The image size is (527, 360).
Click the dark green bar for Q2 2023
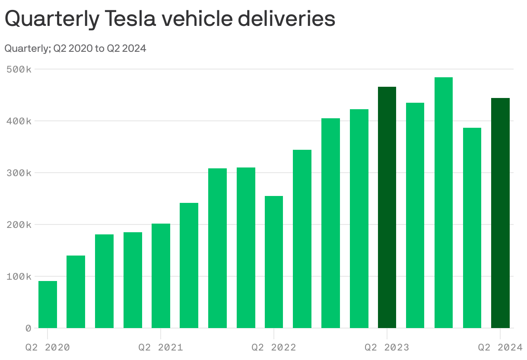pyautogui.click(x=387, y=207)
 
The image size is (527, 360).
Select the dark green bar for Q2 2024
pyautogui.click(x=500, y=213)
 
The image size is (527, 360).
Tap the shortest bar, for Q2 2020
pyautogui.click(x=48, y=304)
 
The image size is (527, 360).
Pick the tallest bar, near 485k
pyautogui.click(x=444, y=202)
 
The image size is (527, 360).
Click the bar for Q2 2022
pyautogui.click(x=274, y=262)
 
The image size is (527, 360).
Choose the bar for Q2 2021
pyautogui.click(x=161, y=276)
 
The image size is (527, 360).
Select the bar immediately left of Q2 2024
pyautogui.click(x=472, y=228)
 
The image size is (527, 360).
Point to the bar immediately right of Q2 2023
pyautogui.click(x=415, y=215)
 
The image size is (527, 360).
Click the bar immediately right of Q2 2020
pyautogui.click(x=76, y=292)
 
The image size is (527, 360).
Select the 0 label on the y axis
pyautogui.click(x=28, y=328)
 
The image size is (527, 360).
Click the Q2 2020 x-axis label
pyautogui.click(x=48, y=347)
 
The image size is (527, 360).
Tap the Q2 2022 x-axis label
pyautogui.click(x=274, y=347)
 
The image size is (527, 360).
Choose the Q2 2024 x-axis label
pyautogui.click(x=500, y=347)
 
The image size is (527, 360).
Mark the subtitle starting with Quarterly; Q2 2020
pyautogui.click(x=75, y=48)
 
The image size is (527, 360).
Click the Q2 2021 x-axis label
pyautogui.click(x=161, y=347)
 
